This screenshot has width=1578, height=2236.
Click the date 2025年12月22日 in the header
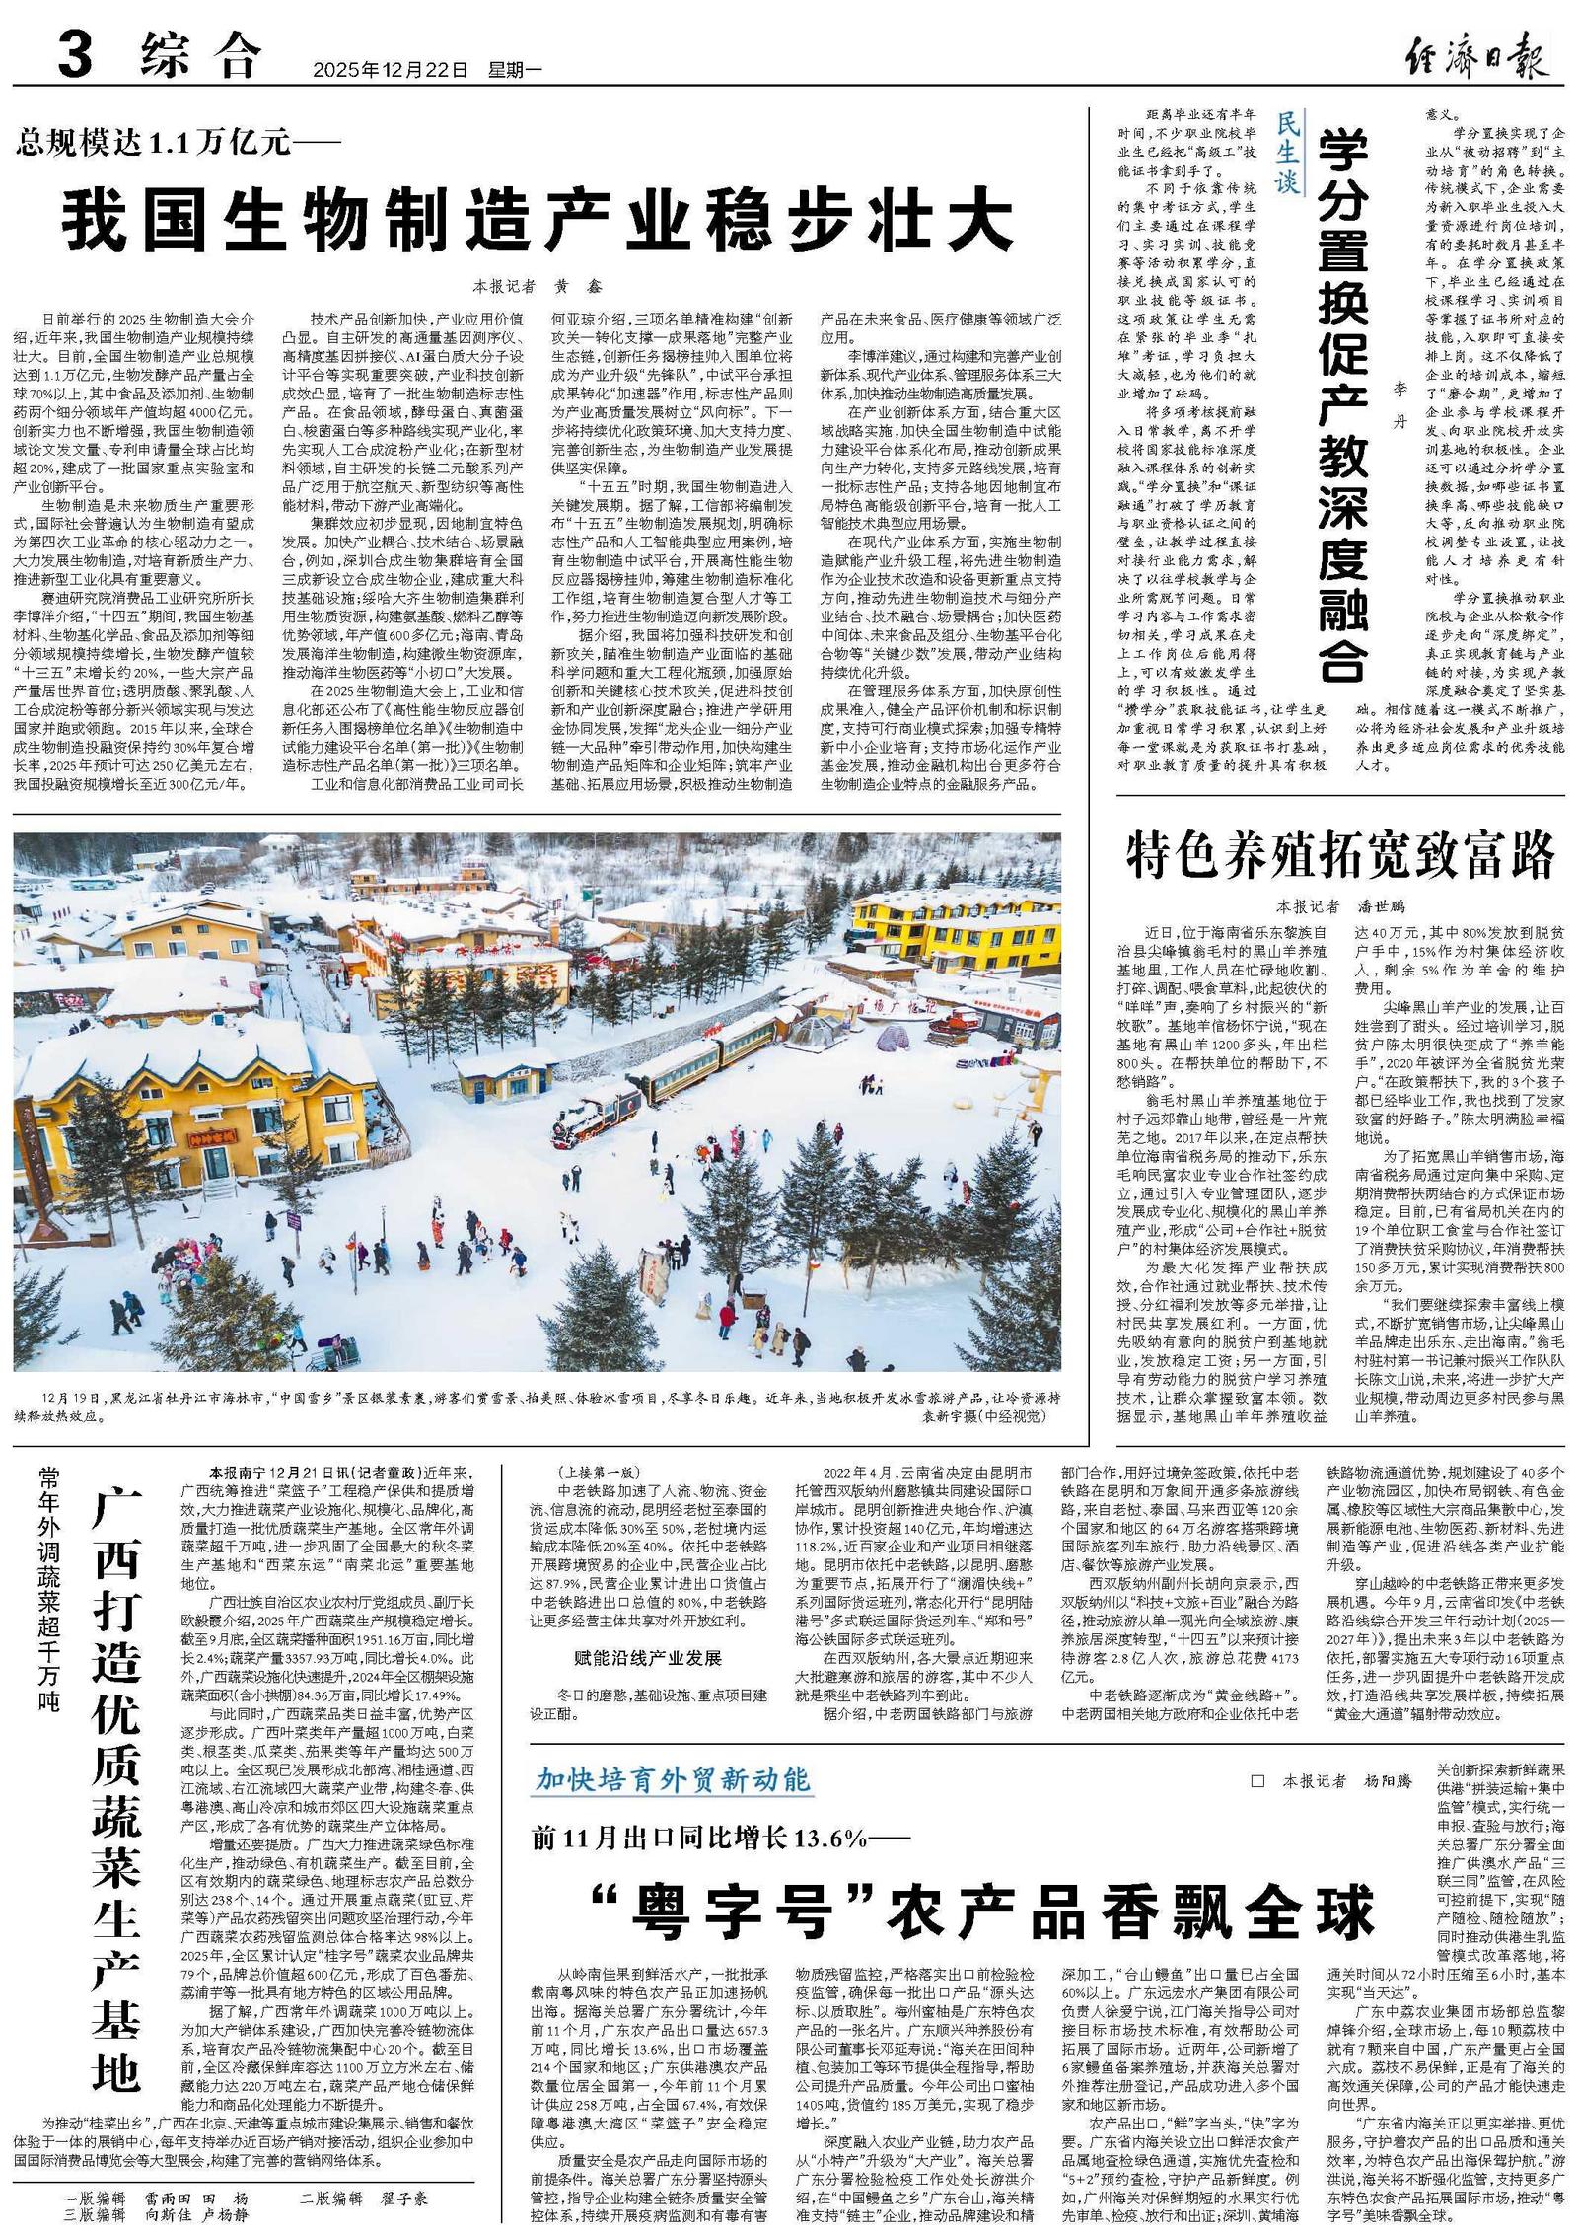391,70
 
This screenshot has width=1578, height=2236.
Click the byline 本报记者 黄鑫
538,286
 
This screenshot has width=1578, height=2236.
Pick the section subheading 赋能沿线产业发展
648,1658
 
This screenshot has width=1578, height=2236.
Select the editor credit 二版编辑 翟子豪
365,2199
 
